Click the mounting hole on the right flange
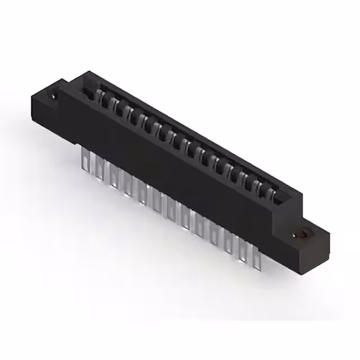[305, 232]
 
